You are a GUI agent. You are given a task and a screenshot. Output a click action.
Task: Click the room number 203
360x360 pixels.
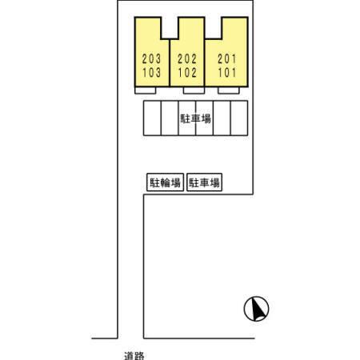pyautogui.click(x=151, y=59)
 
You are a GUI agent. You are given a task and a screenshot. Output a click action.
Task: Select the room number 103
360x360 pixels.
pyautogui.click(x=151, y=73)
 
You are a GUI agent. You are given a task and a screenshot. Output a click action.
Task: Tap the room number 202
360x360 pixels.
pyautogui.click(x=187, y=59)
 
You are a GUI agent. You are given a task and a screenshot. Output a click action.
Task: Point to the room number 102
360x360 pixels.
pyautogui.click(x=187, y=73)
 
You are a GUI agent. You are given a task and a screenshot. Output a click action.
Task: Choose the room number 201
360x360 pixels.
pyautogui.click(x=227, y=59)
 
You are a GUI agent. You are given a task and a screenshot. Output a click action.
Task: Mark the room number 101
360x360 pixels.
pyautogui.click(x=227, y=73)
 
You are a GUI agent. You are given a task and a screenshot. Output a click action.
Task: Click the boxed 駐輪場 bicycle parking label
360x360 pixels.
pyautogui.click(x=165, y=182)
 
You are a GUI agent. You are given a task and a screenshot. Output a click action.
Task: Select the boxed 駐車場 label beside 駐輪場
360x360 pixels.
pyautogui.click(x=204, y=182)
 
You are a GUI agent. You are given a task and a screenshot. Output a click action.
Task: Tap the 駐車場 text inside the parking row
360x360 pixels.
pyautogui.click(x=196, y=118)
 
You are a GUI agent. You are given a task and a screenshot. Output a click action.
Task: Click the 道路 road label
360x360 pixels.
pyautogui.click(x=134, y=356)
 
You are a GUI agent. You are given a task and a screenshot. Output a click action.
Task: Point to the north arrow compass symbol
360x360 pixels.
pyautogui.click(x=256, y=309)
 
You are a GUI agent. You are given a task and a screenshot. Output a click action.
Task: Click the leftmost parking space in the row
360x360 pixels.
pyautogui.click(x=152, y=118)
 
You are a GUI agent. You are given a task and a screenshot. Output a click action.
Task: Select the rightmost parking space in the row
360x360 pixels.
pyautogui.click(x=239, y=118)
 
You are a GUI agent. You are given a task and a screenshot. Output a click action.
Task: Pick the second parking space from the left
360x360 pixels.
pyautogui.click(x=170, y=118)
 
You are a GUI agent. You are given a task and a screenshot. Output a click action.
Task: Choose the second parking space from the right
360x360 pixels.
pyautogui.click(x=222, y=118)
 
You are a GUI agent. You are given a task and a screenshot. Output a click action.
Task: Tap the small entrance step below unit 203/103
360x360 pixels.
pyautogui.click(x=146, y=90)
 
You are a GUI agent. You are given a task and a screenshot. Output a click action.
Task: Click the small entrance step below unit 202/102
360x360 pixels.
pyautogui.click(x=194, y=90)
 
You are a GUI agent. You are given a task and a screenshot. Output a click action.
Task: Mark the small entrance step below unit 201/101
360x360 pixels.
pyautogui.click(x=229, y=90)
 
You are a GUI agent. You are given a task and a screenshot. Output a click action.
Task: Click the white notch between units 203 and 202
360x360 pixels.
pyautogui.click(x=170, y=27)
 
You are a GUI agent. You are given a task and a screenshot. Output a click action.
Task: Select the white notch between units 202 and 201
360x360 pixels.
pyautogui.click(x=213, y=27)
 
